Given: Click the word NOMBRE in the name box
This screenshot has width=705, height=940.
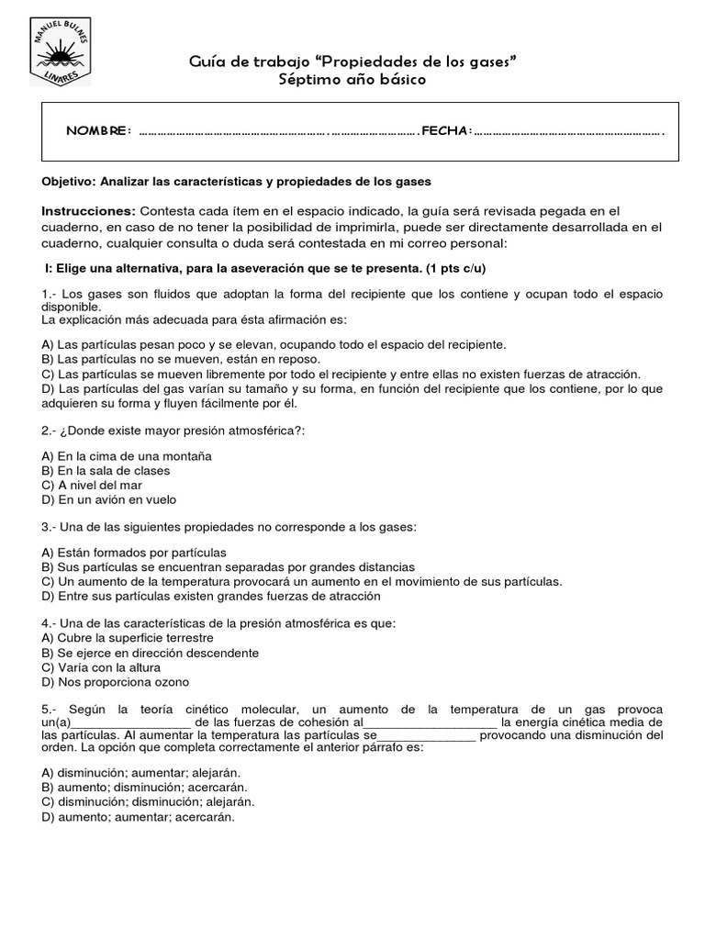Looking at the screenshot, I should (98, 131).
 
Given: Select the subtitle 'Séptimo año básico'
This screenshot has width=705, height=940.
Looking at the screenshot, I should (352, 80).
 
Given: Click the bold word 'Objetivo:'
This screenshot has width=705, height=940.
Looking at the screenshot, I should (69, 182).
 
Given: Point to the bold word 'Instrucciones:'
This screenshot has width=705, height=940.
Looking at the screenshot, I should (88, 210).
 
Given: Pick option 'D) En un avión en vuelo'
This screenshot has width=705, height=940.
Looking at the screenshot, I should (109, 499).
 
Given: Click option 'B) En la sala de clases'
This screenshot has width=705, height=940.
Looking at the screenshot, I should (106, 470).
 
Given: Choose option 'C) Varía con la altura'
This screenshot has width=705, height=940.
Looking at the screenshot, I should (102, 667).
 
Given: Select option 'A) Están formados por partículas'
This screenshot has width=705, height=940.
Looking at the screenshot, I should (134, 553).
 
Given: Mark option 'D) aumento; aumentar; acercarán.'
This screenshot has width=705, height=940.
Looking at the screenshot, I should (139, 817).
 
